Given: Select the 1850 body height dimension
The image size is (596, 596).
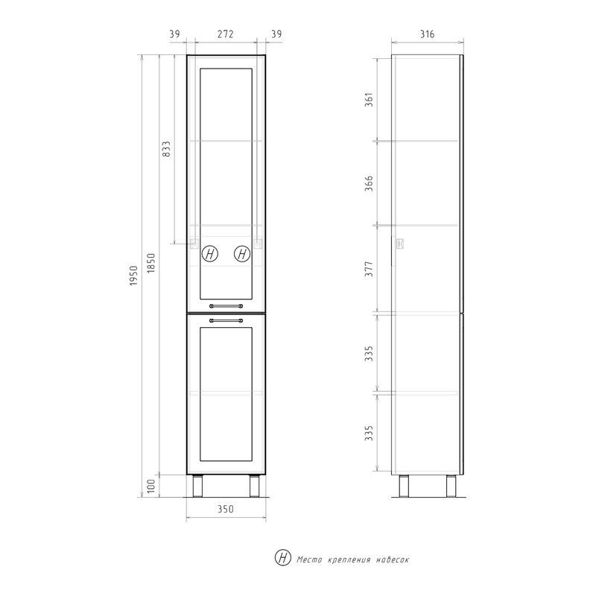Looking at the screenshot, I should point(153,265).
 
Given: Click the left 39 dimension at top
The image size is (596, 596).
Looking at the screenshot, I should point(174,34).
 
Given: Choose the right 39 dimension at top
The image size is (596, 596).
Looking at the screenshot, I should point(276,34).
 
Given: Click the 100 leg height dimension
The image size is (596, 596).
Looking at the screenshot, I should point(153,486).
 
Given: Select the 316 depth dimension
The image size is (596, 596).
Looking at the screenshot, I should point(427,34).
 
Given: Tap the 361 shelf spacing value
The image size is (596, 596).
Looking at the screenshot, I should point(369,99).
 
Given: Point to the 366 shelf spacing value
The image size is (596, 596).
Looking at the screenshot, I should point(369,183).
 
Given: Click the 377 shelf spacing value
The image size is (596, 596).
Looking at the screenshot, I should point(369,269).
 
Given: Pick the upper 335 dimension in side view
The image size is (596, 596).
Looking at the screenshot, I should point(369,352).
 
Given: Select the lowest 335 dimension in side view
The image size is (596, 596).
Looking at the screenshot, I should point(369,433).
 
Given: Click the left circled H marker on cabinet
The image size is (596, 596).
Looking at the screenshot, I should point(210,253).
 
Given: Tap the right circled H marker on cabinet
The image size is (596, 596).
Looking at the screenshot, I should point(242,253).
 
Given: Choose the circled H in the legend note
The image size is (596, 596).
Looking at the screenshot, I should point(283,558).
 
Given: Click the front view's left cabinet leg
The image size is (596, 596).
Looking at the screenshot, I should point(198,486).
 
